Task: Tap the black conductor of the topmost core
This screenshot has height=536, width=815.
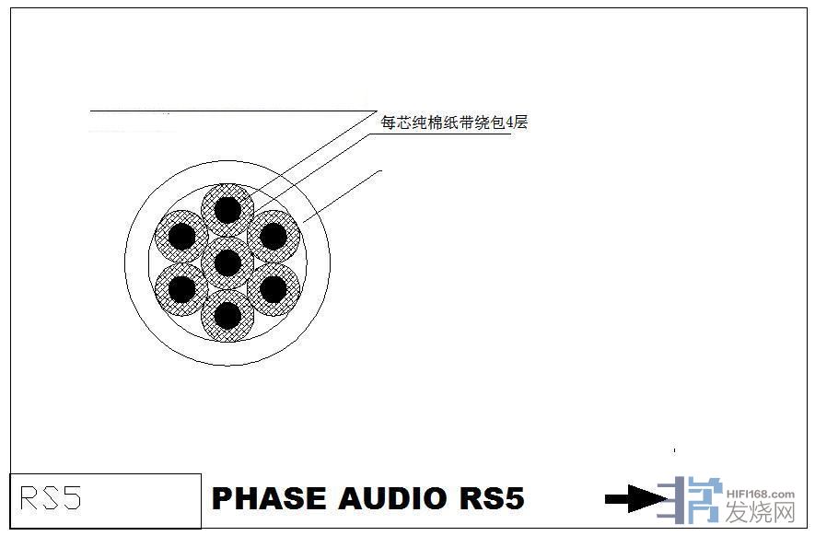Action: pos(227,210)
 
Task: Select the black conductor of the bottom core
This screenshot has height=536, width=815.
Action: pos(227,316)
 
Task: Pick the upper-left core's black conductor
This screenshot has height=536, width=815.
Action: pos(181,237)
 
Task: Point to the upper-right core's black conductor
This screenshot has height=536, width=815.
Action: pos(273,237)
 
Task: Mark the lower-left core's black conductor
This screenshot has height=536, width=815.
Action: pos(181,289)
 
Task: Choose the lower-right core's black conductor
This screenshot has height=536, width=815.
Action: pos(273,289)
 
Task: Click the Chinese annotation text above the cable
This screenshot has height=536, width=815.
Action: pos(454,121)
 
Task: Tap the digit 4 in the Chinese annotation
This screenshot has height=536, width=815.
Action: pos(511,122)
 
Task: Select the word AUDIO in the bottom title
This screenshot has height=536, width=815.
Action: pos(391,498)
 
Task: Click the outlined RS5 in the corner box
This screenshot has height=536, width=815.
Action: pos(51,498)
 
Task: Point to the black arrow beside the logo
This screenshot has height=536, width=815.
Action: pos(635,499)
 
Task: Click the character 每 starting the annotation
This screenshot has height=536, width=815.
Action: pos(388,122)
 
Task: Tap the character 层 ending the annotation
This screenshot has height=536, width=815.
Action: pos(521,122)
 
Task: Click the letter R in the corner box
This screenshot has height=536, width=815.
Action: pos(29,498)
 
